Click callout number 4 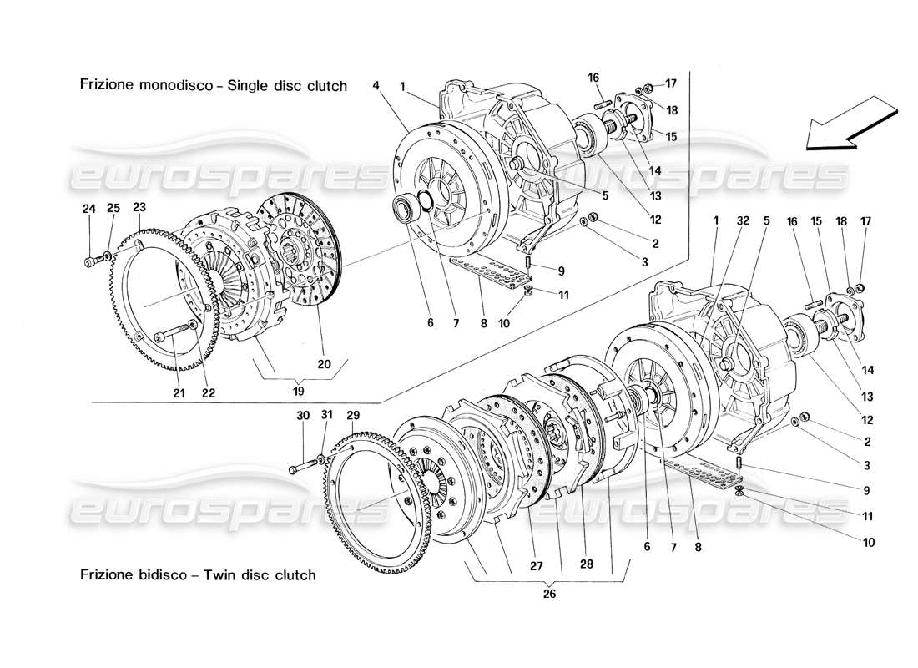pos(376,85)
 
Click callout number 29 pos(353,415)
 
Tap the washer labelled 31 pos(321,458)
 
